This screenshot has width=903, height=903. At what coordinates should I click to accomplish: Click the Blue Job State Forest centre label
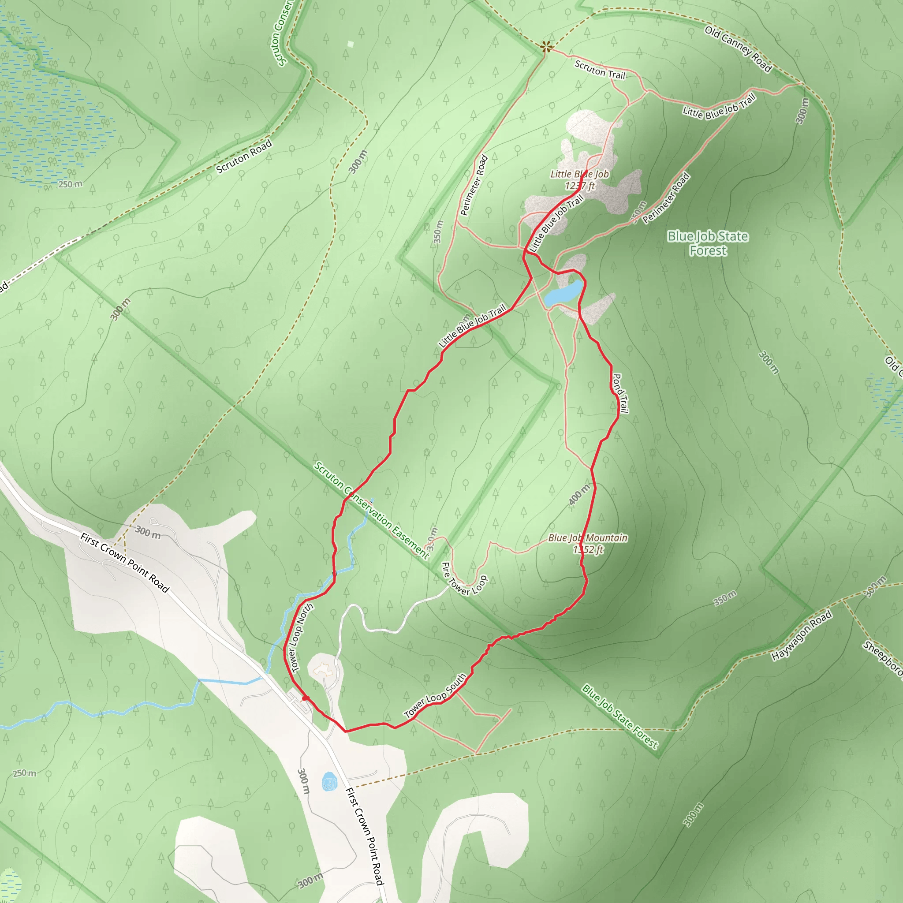(x=708, y=243)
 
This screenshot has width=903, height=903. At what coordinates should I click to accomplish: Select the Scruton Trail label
(x=600, y=70)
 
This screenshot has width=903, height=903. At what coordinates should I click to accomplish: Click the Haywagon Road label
(x=802, y=635)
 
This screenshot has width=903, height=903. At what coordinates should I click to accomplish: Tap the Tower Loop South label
(x=435, y=695)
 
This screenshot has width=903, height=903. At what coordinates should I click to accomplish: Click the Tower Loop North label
(x=302, y=638)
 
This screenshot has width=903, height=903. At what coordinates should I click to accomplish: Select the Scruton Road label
(x=244, y=157)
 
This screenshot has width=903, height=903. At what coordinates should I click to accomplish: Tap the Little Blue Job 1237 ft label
(x=579, y=180)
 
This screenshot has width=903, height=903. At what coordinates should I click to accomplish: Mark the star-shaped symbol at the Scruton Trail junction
(x=545, y=46)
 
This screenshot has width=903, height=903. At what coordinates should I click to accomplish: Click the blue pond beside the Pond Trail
(x=563, y=293)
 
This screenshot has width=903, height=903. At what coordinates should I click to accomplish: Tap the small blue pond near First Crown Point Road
(x=329, y=781)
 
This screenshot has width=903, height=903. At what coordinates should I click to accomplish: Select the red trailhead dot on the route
(x=306, y=698)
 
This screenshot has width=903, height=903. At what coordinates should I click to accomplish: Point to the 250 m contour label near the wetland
(x=70, y=184)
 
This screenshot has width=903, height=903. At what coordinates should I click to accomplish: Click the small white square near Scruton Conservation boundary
(x=351, y=45)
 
